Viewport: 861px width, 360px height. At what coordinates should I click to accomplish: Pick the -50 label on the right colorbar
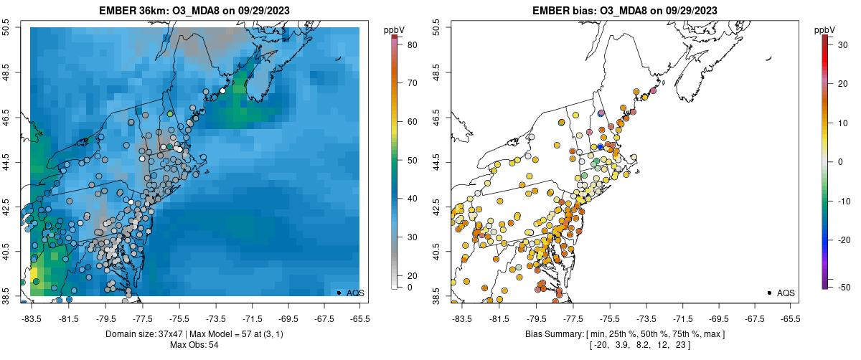click(844, 287)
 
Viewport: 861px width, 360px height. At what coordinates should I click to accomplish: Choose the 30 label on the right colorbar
click(842, 43)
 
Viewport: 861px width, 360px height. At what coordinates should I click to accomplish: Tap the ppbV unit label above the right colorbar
click(826, 29)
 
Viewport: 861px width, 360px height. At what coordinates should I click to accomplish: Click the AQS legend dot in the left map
click(339, 293)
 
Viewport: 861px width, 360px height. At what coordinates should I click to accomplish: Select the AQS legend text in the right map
click(786, 293)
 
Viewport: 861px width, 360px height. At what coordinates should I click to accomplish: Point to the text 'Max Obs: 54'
click(194, 345)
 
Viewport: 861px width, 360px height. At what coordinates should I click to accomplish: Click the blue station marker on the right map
click(601, 147)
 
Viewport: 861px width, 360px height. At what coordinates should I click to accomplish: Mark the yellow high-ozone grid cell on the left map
click(34, 275)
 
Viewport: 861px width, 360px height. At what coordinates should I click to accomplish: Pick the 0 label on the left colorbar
click(410, 287)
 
